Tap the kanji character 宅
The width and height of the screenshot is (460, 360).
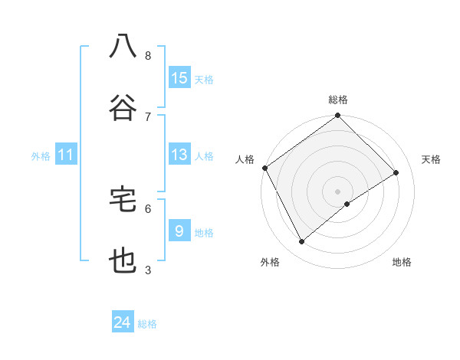coord(123,199)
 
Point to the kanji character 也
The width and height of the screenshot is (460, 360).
coord(123,261)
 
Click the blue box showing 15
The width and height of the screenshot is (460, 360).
coord(179,77)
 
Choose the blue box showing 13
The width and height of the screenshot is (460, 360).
coord(179,155)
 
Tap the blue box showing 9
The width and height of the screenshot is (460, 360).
coord(179,231)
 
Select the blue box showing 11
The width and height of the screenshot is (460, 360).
coord(65,155)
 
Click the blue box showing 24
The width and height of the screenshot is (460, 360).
coord(123,323)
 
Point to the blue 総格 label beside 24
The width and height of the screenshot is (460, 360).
coord(148,324)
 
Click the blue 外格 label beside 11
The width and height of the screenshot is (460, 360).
coord(41,156)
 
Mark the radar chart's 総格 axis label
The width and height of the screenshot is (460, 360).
coord(338,100)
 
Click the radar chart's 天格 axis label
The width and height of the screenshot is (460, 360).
coord(432,159)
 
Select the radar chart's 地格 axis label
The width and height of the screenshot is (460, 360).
coord(402,262)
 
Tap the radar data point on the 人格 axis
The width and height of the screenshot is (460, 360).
coord(264,168)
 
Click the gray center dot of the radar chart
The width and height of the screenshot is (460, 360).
coord(337,190)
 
